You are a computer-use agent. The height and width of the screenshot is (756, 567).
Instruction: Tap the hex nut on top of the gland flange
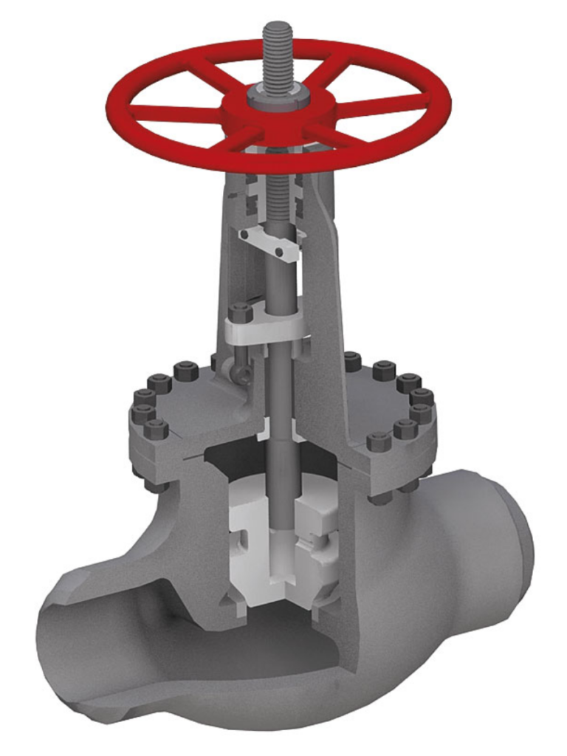(x=241, y=313)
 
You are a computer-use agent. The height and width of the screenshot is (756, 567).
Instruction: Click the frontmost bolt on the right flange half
(x=378, y=442)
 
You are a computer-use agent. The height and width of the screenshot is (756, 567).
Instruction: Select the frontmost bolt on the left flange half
(x=156, y=429)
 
